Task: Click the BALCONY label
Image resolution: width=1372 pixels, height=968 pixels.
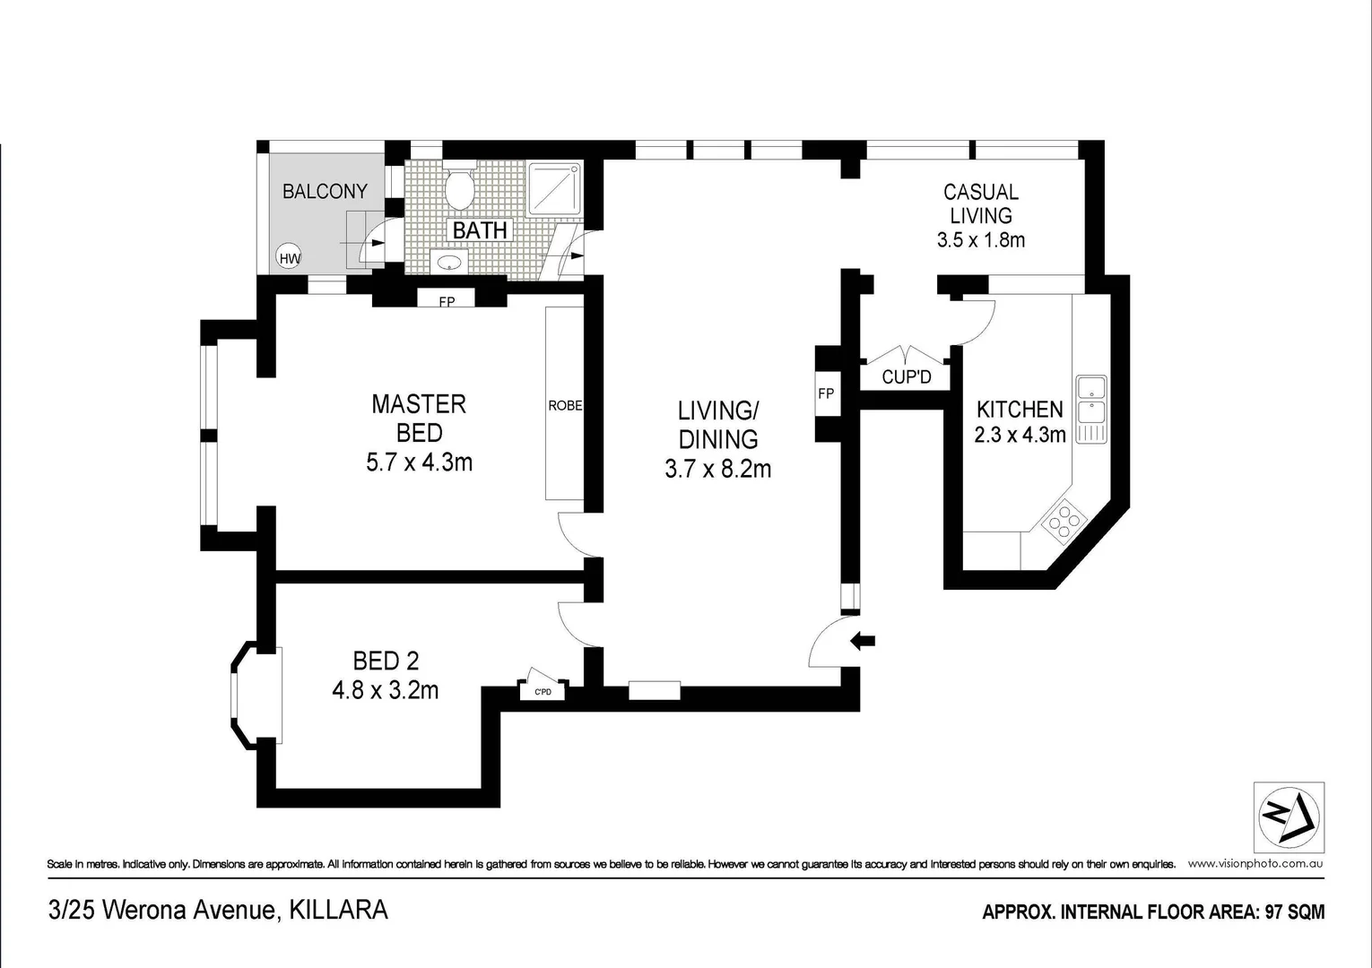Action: [325, 191]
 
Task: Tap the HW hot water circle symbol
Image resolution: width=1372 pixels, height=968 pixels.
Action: [290, 258]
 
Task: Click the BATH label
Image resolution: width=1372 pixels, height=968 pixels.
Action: [480, 230]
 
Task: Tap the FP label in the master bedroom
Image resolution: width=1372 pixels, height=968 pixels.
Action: [447, 301]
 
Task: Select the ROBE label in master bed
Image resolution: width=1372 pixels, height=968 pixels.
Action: [565, 406]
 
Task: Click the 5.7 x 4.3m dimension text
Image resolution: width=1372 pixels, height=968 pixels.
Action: [419, 462]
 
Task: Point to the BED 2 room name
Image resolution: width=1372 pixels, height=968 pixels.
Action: [386, 661]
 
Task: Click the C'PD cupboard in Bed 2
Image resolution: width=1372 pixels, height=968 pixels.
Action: [543, 691]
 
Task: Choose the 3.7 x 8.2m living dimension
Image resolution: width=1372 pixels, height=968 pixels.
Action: [717, 469]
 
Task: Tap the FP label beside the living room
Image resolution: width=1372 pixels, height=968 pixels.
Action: [826, 393]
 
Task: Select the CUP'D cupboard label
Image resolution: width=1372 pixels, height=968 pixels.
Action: [906, 376]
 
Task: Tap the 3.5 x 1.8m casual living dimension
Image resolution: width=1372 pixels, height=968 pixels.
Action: [980, 240]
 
